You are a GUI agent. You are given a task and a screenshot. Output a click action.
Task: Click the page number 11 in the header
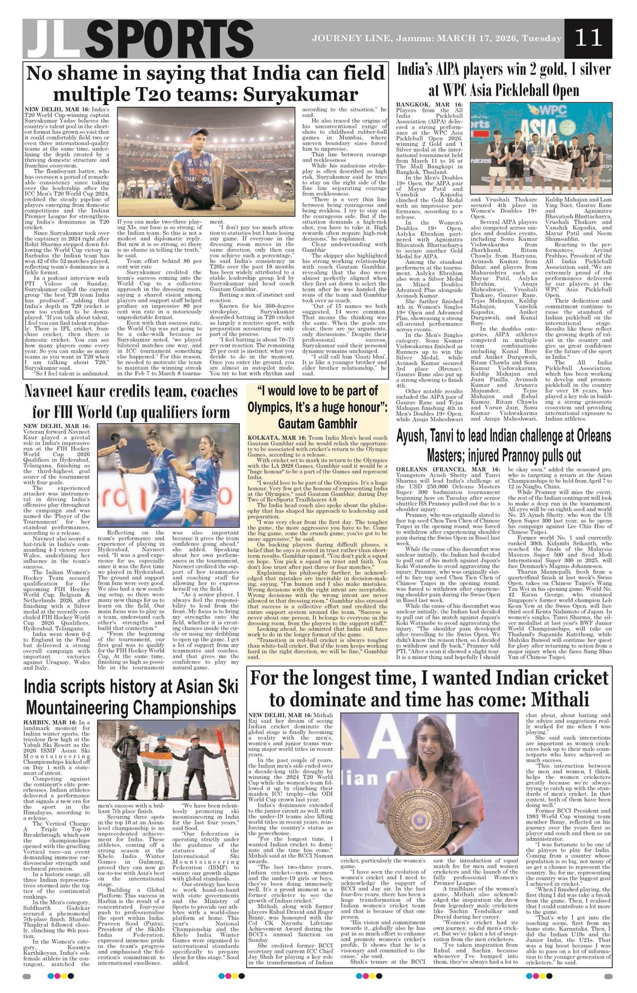click(588, 38)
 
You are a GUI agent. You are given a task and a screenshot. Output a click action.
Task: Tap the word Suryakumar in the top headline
click(301, 95)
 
